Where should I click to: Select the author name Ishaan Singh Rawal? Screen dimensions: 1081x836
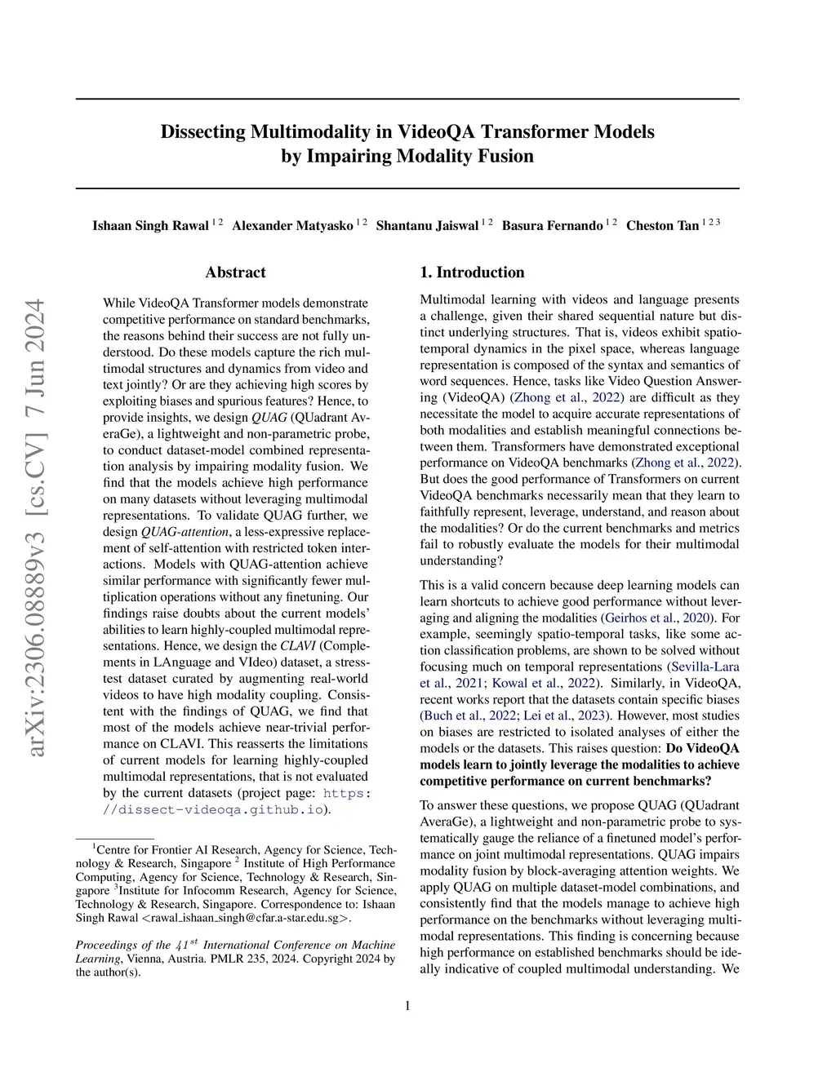click(150, 226)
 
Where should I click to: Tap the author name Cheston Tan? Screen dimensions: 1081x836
click(662, 226)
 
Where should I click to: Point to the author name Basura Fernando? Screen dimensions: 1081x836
click(552, 226)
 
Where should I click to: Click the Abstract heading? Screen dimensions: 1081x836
click(235, 272)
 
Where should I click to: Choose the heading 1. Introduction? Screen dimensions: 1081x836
click(472, 272)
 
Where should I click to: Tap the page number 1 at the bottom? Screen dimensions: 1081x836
click(407, 1006)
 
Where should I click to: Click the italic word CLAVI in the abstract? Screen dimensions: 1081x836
click(298, 645)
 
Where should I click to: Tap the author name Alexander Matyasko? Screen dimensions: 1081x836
click(292, 226)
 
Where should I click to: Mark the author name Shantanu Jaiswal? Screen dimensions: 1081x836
click(427, 226)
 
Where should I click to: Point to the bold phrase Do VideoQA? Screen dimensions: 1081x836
click(703, 748)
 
